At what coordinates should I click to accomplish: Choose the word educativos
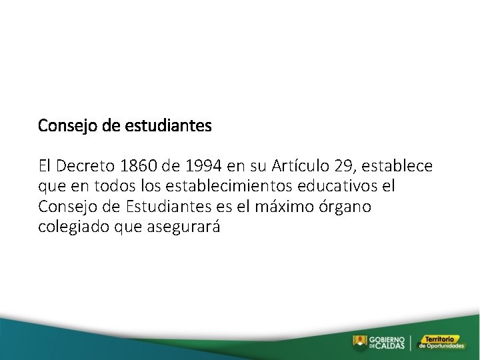357,186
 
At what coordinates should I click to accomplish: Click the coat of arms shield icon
360,342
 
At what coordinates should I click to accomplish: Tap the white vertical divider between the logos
411,342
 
